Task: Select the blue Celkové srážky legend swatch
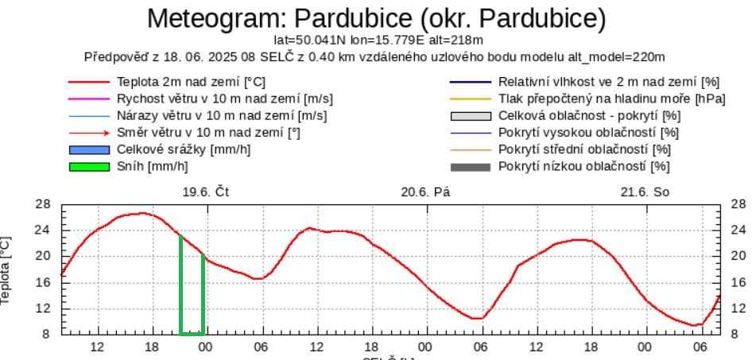(87, 149)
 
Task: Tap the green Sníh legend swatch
(87, 166)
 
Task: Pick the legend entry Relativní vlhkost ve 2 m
(608, 82)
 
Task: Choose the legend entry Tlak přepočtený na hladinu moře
(612, 99)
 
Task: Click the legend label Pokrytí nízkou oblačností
(583, 166)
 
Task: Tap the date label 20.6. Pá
(425, 192)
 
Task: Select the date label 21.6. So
(645, 192)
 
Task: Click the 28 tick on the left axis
(45, 204)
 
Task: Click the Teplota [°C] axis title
(7, 270)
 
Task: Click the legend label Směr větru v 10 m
(207, 133)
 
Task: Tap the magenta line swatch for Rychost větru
(87, 99)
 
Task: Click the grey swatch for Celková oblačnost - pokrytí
(468, 116)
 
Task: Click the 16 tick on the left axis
(45, 282)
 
